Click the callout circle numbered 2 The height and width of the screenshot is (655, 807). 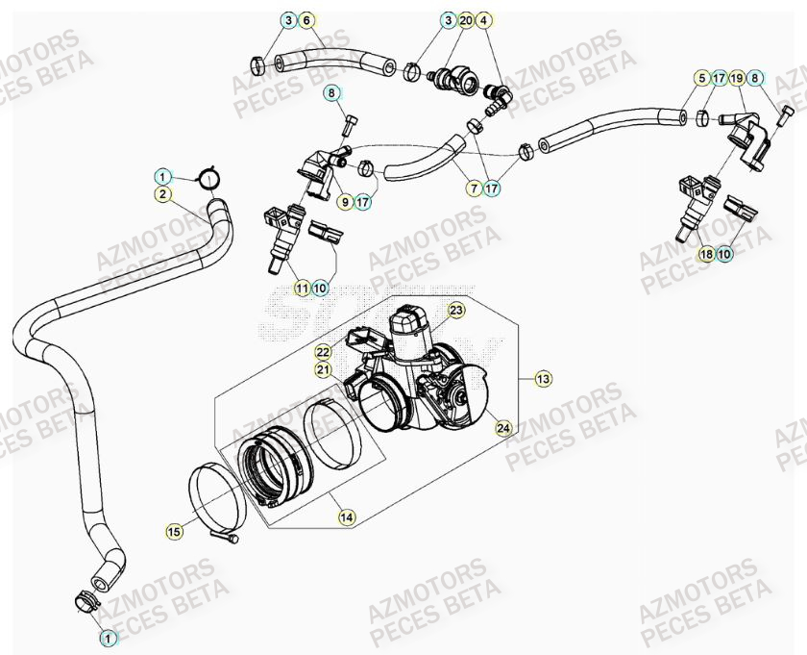(164, 194)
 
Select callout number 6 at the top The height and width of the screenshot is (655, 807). (306, 20)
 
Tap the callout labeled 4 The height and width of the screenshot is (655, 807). (484, 20)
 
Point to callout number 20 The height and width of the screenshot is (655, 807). (466, 20)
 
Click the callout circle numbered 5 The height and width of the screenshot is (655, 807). (702, 77)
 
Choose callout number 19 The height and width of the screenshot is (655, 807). (737, 77)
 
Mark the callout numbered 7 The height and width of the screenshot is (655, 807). (475, 190)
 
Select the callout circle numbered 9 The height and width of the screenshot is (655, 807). (344, 202)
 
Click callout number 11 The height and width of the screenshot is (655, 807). (302, 288)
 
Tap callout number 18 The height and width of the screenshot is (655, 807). (706, 254)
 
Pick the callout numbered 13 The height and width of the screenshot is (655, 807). (544, 379)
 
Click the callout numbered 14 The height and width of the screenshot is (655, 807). (347, 517)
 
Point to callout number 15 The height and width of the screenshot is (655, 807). (174, 530)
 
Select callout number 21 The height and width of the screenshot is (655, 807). (324, 369)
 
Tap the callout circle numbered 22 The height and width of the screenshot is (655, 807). (324, 352)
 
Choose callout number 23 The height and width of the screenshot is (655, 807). (455, 310)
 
